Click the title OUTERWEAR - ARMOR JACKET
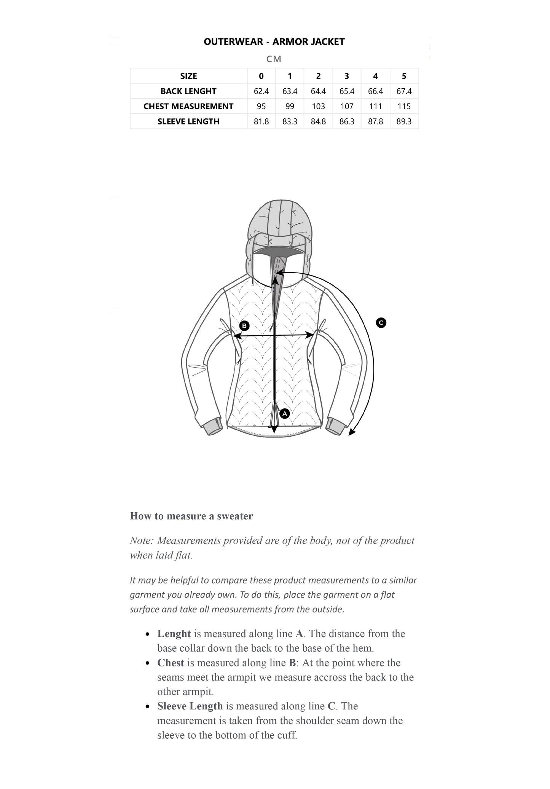point(274,42)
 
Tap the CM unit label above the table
point(274,59)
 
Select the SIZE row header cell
point(188,76)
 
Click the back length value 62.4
point(261,91)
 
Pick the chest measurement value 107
point(347,107)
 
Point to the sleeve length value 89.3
point(404,122)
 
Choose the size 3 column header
point(347,76)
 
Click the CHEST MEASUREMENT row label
point(188,107)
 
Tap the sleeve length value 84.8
point(318,122)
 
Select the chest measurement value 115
point(404,107)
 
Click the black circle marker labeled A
point(285,413)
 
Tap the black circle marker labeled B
point(244,326)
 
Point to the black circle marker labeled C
point(381,323)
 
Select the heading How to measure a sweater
point(191,516)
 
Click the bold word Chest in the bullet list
point(171,663)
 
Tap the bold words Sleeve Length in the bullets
point(190,706)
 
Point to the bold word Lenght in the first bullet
point(174,634)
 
